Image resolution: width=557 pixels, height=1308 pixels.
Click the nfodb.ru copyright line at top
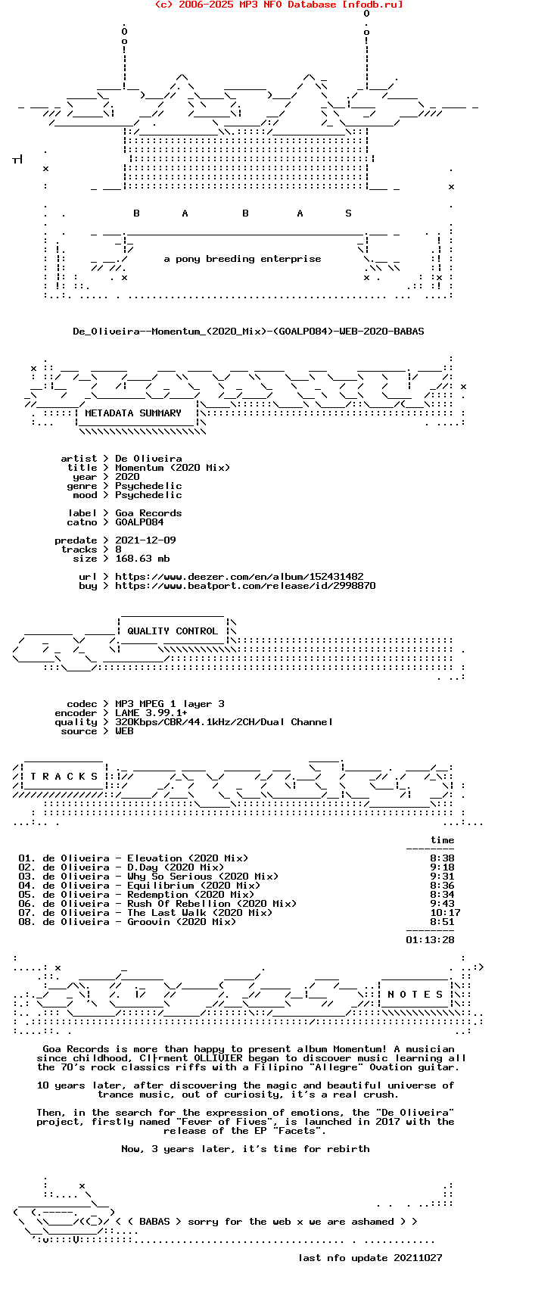click(278, 5)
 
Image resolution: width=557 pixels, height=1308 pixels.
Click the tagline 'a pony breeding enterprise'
click(242, 259)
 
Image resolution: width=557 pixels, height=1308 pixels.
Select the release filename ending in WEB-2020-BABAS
click(248, 332)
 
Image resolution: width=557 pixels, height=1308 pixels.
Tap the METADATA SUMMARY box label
click(133, 413)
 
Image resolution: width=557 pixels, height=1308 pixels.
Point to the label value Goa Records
click(148, 513)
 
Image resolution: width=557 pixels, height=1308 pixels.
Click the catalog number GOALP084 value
click(139, 522)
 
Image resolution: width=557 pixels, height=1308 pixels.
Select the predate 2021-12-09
click(145, 540)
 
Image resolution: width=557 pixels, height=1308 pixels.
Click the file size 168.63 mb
click(142, 559)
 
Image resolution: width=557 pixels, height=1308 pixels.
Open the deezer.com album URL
click(239, 577)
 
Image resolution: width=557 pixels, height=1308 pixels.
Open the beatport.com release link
click(245, 586)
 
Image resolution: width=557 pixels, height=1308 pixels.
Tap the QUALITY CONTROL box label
click(173, 631)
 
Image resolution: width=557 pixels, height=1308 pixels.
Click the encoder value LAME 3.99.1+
click(151, 713)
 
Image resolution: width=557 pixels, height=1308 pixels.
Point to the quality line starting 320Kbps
click(224, 722)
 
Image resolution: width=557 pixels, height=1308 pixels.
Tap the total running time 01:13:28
click(430, 940)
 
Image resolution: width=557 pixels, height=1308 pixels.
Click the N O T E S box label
click(415, 995)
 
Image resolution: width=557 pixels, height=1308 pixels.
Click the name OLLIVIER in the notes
click(218, 1058)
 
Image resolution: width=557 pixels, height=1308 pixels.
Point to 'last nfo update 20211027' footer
click(370, 1258)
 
